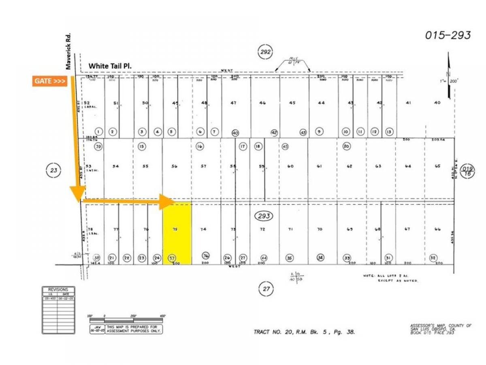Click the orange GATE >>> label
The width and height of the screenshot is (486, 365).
point(49,81)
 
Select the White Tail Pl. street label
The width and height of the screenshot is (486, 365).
point(111,66)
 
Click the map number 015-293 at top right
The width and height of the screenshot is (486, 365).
point(448,35)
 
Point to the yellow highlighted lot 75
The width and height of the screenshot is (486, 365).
point(177,233)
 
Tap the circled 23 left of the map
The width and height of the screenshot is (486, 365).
point(53,171)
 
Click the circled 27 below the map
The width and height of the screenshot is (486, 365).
point(266,289)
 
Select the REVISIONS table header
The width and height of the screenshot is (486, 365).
point(58,290)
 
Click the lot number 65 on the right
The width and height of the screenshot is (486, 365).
point(437,166)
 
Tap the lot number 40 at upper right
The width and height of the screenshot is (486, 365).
point(437,103)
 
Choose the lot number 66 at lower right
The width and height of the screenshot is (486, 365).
point(437,229)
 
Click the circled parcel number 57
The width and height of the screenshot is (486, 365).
point(172,258)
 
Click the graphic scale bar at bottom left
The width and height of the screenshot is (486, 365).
point(126,320)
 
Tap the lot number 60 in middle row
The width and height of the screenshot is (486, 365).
point(290,166)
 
